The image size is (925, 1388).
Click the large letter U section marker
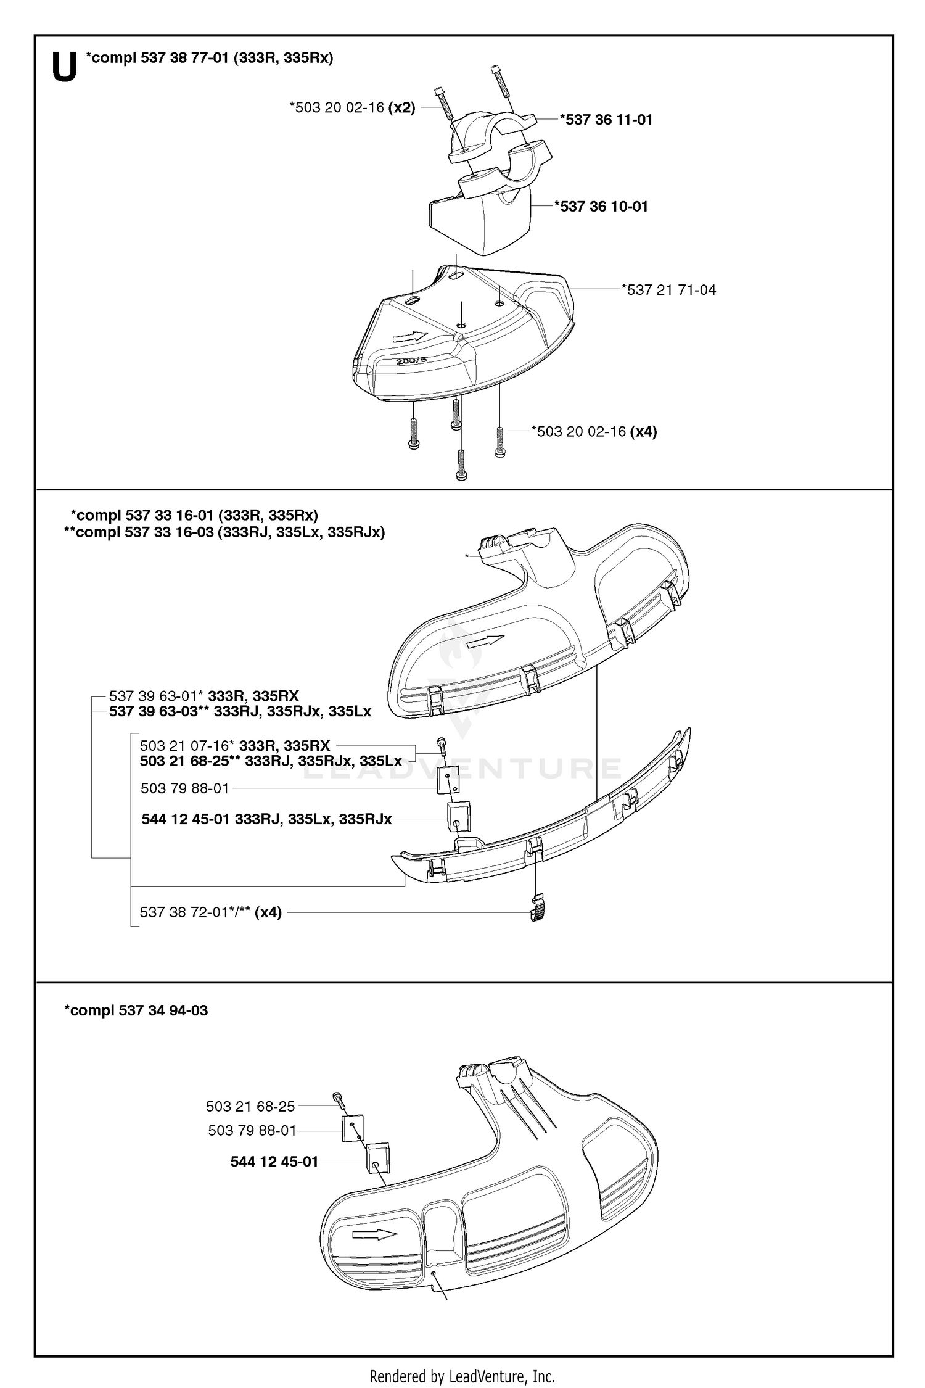[64, 67]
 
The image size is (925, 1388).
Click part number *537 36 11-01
[606, 120]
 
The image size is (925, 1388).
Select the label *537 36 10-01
[601, 206]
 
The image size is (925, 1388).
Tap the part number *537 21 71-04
[668, 290]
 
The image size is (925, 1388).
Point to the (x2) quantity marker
[401, 108]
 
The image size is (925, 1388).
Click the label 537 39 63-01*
[157, 696]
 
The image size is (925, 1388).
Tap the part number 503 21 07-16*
[187, 746]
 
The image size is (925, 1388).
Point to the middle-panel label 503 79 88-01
[184, 788]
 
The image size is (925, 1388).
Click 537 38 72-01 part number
[195, 912]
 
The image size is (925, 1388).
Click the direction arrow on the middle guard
[485, 642]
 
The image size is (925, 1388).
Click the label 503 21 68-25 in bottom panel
[250, 1107]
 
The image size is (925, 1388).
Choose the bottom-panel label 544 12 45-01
[274, 1162]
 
